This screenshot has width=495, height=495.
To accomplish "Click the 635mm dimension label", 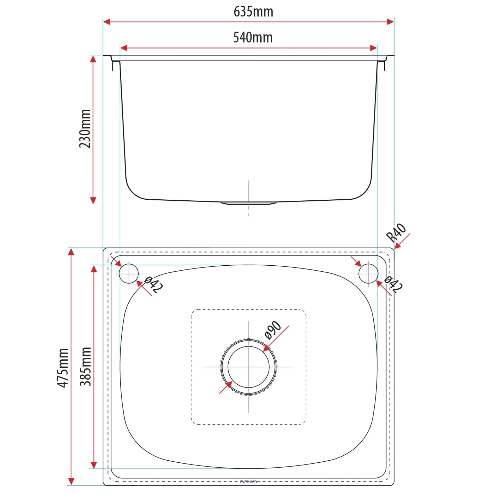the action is coord(253,12).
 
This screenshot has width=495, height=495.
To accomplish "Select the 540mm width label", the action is coord(253,37).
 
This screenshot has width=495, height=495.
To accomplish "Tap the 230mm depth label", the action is coord(85,129).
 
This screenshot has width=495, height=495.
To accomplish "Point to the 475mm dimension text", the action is coord(63,368).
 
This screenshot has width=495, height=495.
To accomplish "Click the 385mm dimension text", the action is coord(85,366).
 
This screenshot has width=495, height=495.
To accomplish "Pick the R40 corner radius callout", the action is coord(397,233).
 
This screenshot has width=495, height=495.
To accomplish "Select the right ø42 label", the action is coord(393,285).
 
